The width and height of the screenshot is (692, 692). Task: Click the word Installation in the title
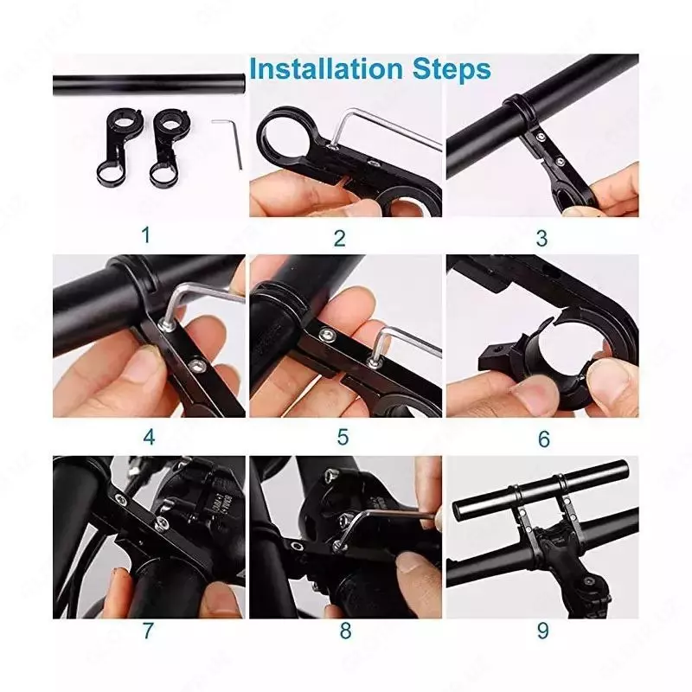point(326,69)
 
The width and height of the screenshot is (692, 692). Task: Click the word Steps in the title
point(452,70)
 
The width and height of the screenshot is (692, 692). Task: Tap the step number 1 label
point(146,235)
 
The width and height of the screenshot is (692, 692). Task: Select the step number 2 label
point(339,239)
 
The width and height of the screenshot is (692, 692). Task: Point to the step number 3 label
point(542,239)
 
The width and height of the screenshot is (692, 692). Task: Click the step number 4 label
point(149,437)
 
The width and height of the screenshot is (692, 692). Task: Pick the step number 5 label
point(343,437)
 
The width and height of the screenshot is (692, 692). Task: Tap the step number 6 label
point(544,439)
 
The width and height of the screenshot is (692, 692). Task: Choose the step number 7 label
point(148,631)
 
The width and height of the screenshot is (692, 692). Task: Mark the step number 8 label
point(345,631)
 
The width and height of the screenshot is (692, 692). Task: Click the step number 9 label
point(543,631)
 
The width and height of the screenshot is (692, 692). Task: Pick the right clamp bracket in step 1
point(167,146)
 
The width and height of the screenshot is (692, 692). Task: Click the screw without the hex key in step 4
point(195,364)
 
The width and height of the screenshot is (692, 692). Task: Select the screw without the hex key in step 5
point(328,335)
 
